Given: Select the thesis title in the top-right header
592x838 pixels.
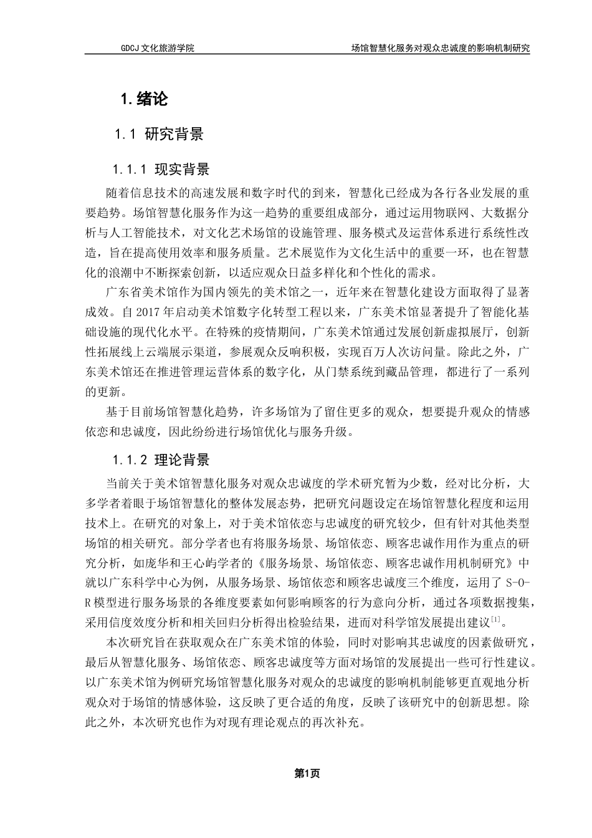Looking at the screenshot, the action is [x=440, y=47].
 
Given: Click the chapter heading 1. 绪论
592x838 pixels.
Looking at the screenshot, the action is [x=144, y=99].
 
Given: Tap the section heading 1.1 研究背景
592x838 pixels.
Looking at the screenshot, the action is [x=159, y=133].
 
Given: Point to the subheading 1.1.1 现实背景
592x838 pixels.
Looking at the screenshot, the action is [x=161, y=170].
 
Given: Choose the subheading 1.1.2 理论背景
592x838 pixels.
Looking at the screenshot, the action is [x=161, y=461].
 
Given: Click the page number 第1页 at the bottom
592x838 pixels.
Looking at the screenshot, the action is [x=307, y=774].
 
